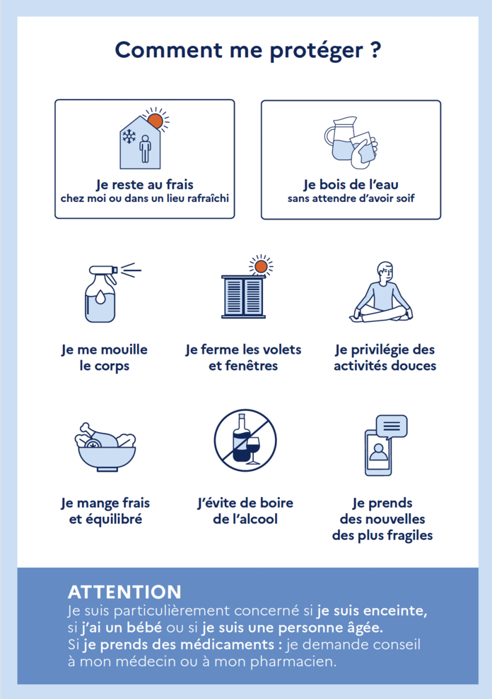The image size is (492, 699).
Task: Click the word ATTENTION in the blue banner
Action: click(x=124, y=592)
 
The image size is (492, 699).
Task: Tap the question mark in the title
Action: click(x=375, y=49)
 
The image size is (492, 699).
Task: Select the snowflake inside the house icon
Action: click(x=129, y=136)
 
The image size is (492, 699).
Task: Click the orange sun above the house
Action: click(x=156, y=120)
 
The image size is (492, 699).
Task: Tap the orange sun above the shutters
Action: click(x=261, y=267)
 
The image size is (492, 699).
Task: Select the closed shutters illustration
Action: click(x=244, y=296)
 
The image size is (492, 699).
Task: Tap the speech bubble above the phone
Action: click(x=392, y=426)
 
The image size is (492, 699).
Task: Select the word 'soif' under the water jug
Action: click(x=405, y=198)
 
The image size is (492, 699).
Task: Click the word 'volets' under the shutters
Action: click(x=282, y=349)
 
